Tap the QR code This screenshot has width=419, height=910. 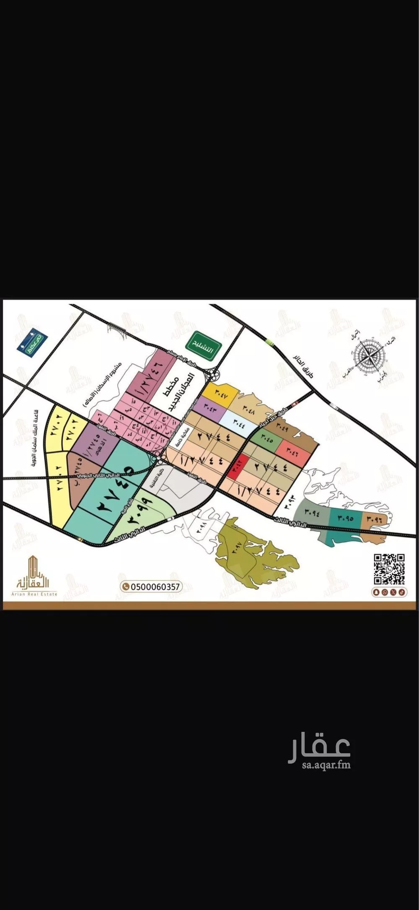[x=389, y=569]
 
